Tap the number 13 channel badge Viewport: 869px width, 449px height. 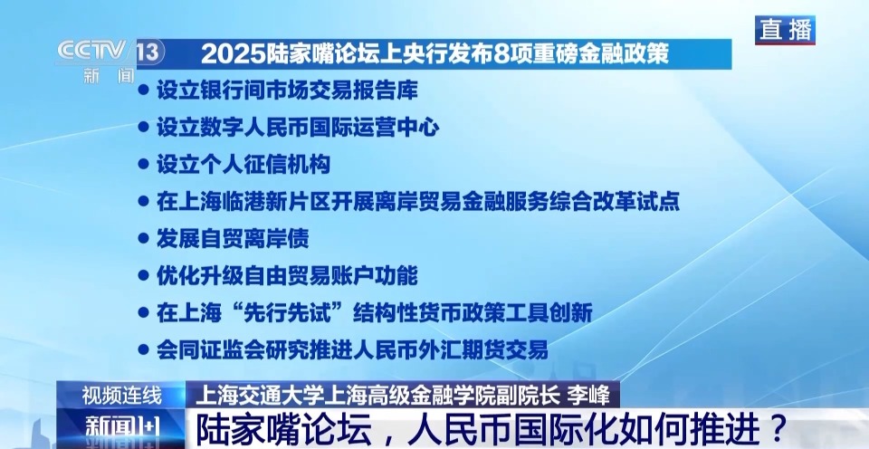pos(150,53)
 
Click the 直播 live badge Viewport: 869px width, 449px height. pos(786,30)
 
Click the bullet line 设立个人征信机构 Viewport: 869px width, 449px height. pos(243,164)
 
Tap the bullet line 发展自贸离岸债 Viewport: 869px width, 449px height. pos(232,238)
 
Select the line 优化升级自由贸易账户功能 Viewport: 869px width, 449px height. pos(287,275)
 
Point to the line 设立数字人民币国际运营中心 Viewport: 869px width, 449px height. pos(298,127)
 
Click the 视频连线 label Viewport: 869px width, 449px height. pos(121,396)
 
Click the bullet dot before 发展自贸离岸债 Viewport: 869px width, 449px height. pos(143,238)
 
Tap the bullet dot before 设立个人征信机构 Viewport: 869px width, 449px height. pos(143,164)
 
